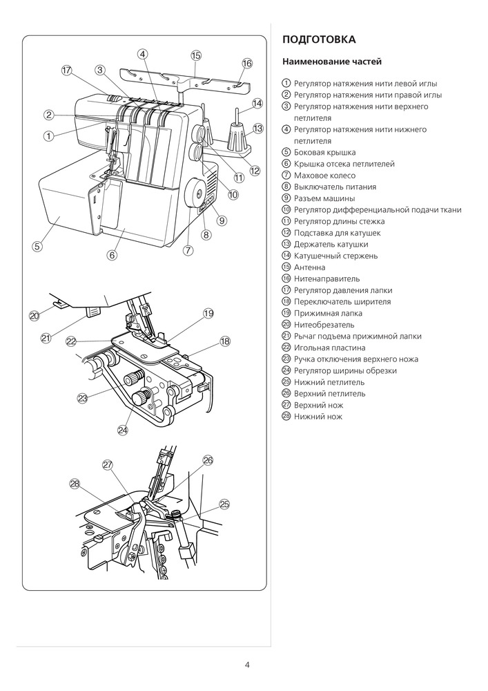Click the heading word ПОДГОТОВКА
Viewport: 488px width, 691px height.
pos(320,39)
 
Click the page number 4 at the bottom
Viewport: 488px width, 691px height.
pos(247,665)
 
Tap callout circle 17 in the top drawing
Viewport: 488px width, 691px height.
pos(66,70)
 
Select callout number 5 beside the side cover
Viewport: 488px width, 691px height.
pos(37,245)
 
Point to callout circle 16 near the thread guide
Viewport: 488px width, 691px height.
pos(247,64)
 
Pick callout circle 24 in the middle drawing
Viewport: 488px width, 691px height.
pos(123,429)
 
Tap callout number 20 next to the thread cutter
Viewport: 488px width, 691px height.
pos(35,315)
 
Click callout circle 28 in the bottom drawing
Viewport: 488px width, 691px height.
pos(75,484)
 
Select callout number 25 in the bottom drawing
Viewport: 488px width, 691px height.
pos(224,504)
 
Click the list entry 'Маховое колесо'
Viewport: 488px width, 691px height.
pos(322,176)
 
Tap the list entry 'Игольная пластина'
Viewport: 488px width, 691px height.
pos(329,348)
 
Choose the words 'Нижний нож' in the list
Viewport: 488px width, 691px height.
pos(318,417)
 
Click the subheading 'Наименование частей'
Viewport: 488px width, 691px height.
pos(332,62)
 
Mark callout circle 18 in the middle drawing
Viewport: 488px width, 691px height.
pos(224,341)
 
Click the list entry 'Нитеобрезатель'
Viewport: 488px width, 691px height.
pos(324,325)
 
